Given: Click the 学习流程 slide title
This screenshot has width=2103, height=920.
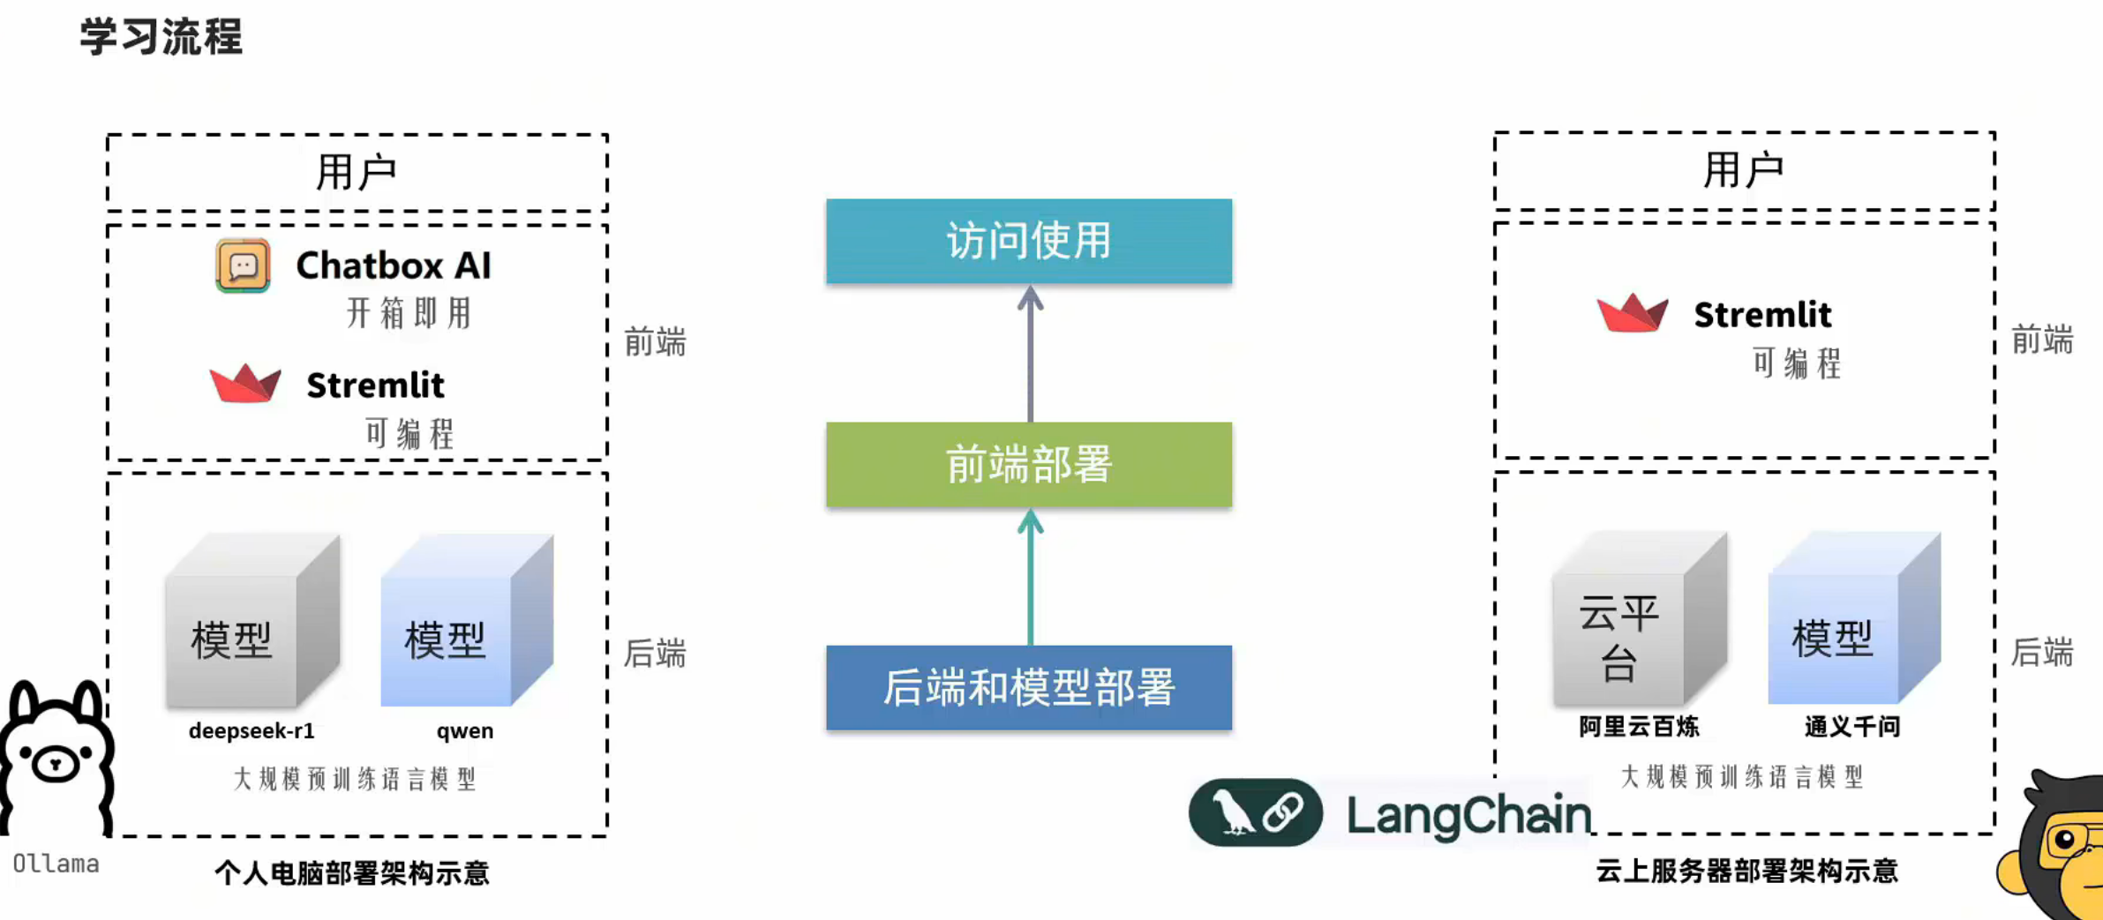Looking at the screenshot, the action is [161, 37].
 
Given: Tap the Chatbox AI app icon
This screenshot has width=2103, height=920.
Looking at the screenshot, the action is [243, 266].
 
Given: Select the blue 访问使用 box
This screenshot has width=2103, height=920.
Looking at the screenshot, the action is [1028, 241].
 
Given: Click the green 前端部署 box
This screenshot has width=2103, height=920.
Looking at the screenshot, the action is [1028, 464].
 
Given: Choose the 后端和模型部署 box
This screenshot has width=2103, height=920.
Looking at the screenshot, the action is [1028, 687].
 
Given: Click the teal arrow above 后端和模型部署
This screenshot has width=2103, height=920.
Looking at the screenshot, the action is [1030, 577].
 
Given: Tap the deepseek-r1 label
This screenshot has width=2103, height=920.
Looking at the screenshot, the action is [252, 730].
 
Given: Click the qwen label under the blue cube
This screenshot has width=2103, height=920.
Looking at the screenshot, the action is [464, 730].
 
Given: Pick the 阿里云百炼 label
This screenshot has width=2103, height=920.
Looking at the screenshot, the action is [1639, 726].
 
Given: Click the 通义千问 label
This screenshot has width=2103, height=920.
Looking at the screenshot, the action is [1851, 726].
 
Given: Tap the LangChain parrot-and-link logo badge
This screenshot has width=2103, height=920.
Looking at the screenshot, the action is [1255, 812].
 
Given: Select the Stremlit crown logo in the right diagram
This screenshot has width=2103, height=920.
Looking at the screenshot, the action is [1632, 312].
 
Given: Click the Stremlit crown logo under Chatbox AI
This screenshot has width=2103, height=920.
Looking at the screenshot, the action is [245, 384].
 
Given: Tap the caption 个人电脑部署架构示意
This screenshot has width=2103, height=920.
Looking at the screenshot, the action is [351, 872].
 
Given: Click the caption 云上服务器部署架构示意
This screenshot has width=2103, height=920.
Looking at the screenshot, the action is [1746, 871].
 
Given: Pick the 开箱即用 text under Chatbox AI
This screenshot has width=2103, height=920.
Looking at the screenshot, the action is [409, 312].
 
